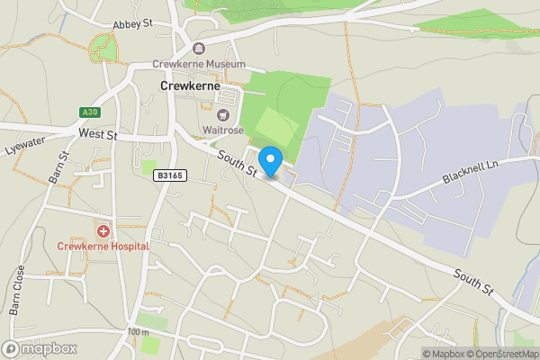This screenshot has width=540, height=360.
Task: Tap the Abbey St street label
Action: pyautogui.click(x=135, y=25)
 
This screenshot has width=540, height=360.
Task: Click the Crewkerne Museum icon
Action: pyautogui.click(x=199, y=48)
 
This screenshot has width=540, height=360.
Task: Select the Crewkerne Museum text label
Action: pyautogui.click(x=199, y=65)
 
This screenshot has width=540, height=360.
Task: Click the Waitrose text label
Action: pyautogui.click(x=222, y=131)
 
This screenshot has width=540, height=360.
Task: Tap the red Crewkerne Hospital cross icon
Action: pyautogui.click(x=103, y=230)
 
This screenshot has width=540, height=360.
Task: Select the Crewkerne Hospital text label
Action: pyautogui.click(x=103, y=246)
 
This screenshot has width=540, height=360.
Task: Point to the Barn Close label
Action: pyautogui.click(x=17, y=291)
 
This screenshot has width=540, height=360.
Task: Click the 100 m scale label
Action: pyautogui.click(x=138, y=333)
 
